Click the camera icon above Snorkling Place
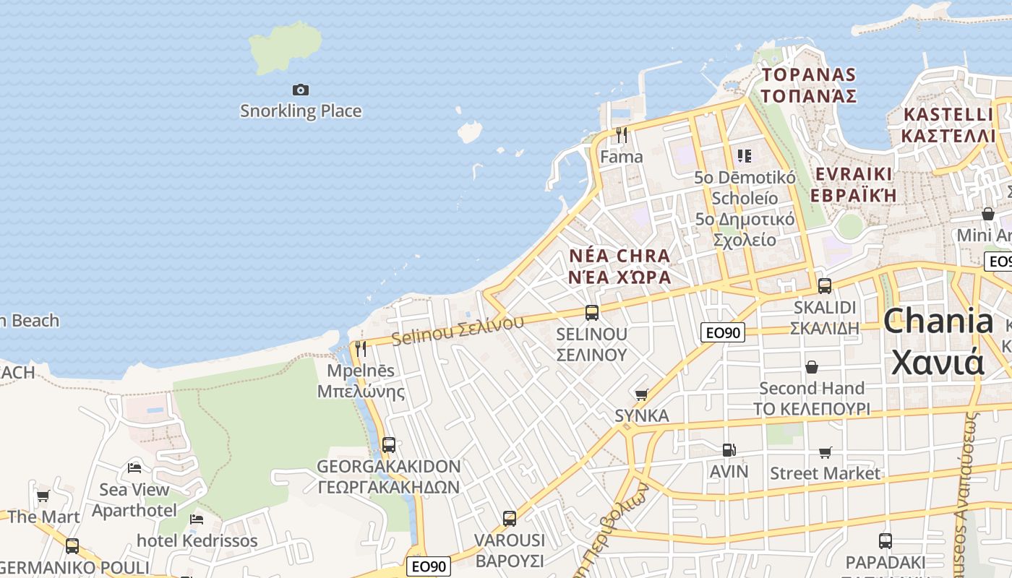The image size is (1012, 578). tap(301, 90)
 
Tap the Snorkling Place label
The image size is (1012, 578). tap(301, 111)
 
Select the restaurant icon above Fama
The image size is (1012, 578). tap(621, 134)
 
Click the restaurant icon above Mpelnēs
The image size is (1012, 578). tap(361, 348)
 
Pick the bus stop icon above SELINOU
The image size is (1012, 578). tap(592, 312)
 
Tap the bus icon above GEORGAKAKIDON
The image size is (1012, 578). tap(389, 444)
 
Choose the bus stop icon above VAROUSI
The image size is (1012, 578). tap(510, 518)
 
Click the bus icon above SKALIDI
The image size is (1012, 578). tap(825, 285)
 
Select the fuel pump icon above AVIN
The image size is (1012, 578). tap(729, 450)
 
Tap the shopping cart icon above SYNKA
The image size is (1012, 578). tap(641, 394)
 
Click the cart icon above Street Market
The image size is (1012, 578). tap(825, 452)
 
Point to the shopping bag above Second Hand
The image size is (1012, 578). tap(812, 367)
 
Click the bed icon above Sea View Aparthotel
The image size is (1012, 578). tap(134, 467)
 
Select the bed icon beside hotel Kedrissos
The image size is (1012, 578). tap(197, 519)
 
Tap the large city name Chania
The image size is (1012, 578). tap(938, 322)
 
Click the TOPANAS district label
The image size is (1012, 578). tap(809, 74)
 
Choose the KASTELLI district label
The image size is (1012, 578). tap(948, 114)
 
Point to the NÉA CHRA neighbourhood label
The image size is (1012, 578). tap(619, 256)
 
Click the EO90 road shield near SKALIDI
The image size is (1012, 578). tap(723, 332)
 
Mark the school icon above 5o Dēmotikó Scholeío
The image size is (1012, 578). tap(745, 155)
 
